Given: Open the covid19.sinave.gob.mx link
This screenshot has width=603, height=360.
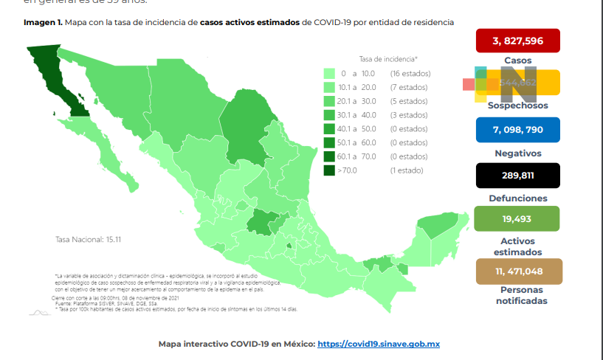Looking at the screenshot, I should click(379, 344).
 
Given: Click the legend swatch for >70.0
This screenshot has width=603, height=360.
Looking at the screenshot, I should click(329, 170).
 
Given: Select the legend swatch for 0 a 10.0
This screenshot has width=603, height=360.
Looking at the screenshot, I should click(329, 74).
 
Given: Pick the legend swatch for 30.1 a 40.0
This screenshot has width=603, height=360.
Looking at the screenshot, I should click(329, 115).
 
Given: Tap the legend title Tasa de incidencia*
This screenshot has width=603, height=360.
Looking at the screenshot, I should click(388, 58).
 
